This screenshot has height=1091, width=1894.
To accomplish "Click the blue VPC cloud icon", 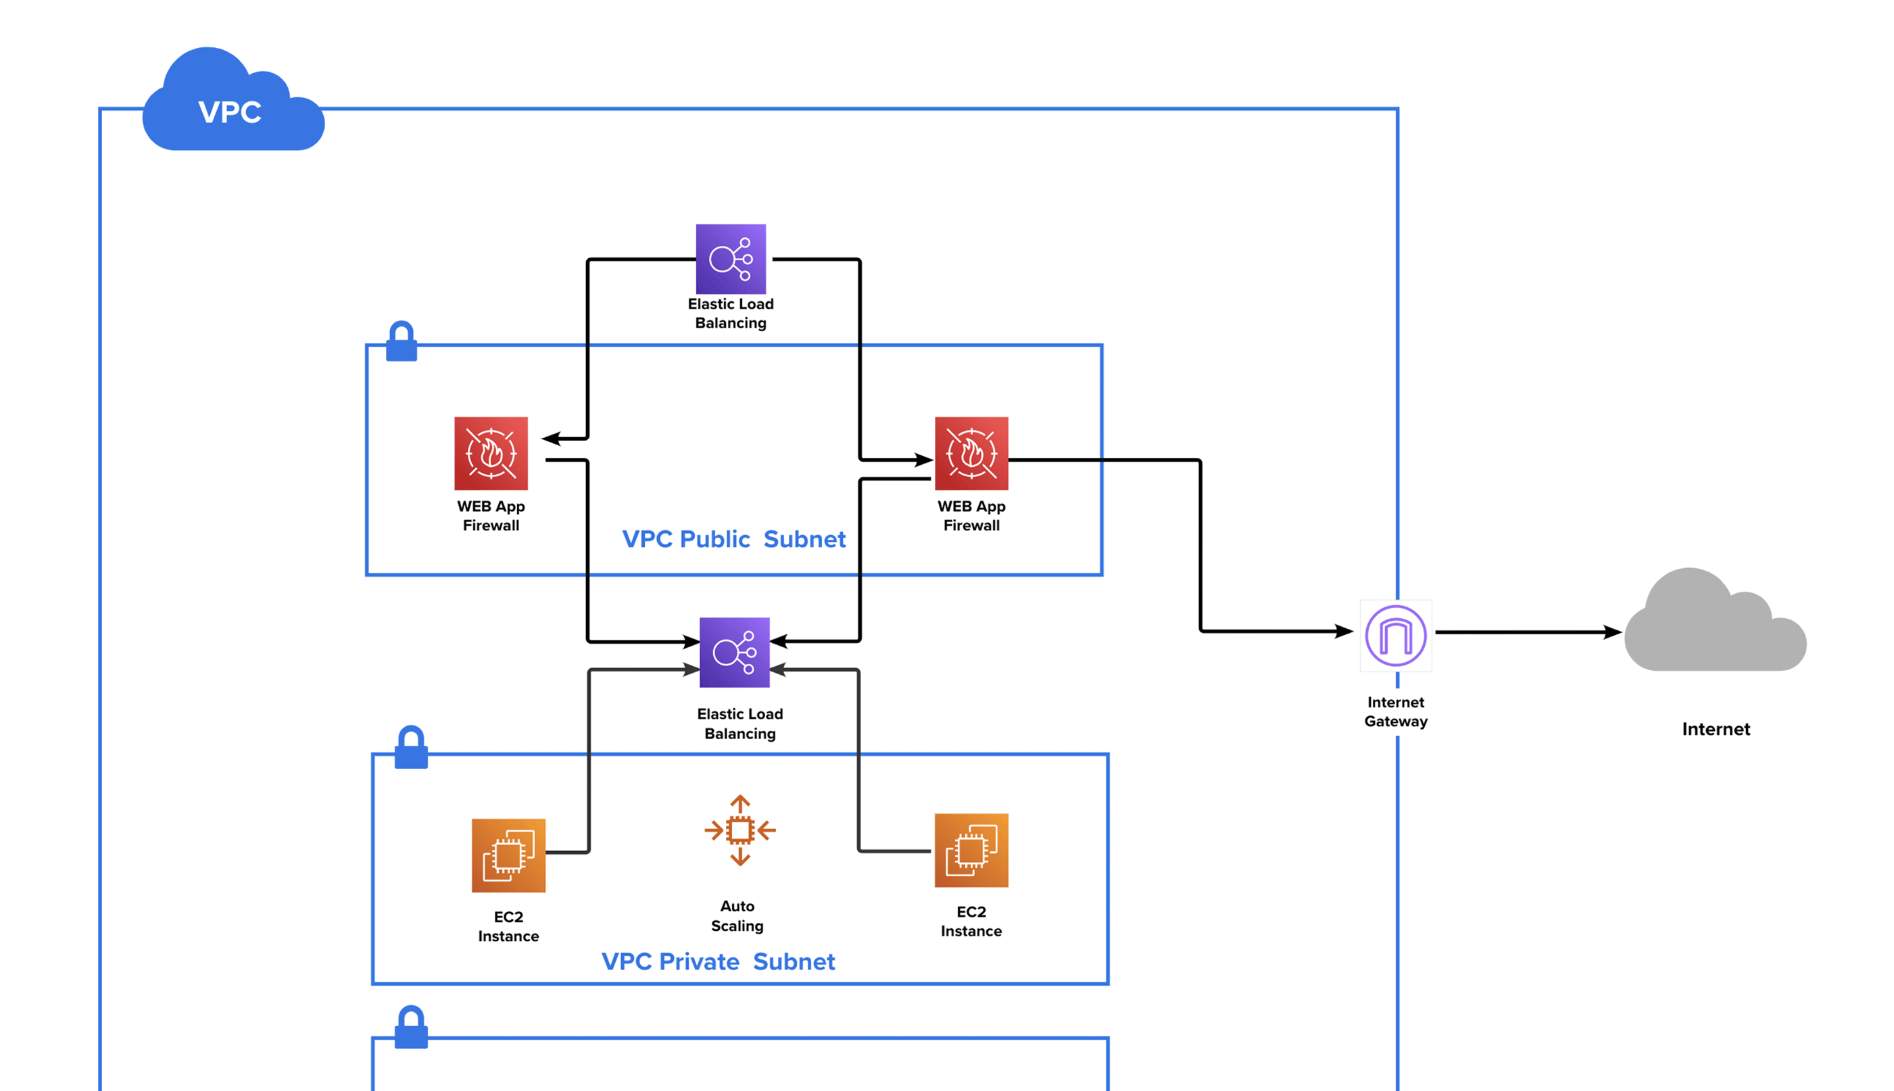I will (232, 105).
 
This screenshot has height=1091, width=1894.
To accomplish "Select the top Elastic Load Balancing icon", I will (730, 259).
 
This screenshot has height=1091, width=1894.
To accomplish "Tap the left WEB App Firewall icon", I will (490, 453).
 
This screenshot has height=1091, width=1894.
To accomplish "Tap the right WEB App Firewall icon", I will (971, 453).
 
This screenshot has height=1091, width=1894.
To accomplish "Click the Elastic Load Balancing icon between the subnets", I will (734, 652).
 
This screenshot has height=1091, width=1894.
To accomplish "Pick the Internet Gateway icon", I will (1395, 636).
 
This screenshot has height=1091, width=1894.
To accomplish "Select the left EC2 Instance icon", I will (508, 855).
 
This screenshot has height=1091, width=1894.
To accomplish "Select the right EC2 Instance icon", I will (971, 850).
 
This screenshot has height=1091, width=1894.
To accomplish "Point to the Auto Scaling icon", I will (739, 830).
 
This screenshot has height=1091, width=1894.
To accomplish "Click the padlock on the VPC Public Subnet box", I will (401, 342).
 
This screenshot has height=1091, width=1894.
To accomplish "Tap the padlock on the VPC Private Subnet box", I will (411, 747).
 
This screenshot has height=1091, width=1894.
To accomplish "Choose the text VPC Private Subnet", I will (717, 961).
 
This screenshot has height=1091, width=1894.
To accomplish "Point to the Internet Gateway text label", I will (1395, 711).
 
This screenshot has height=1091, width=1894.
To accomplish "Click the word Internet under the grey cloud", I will (1715, 729).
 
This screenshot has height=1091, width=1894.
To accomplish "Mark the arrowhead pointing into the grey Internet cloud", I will (1611, 632).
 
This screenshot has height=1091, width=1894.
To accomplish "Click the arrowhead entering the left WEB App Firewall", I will (552, 438).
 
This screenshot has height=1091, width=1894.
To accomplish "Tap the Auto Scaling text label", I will (737, 915).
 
